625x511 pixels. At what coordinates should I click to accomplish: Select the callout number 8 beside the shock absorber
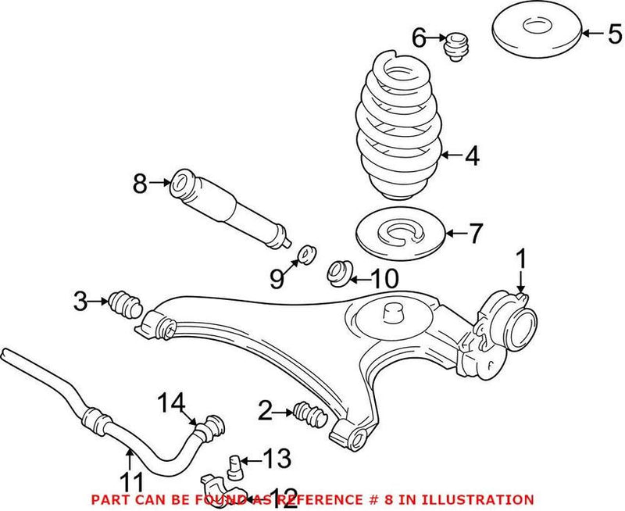(140, 184)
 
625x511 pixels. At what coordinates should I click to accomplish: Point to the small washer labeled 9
(308, 254)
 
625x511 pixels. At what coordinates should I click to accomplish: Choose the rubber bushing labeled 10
(338, 274)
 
